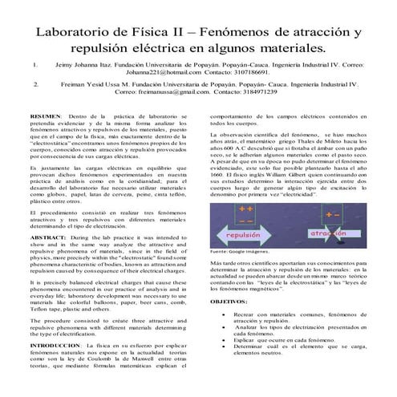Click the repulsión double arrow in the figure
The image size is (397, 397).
(x=243, y=236)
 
